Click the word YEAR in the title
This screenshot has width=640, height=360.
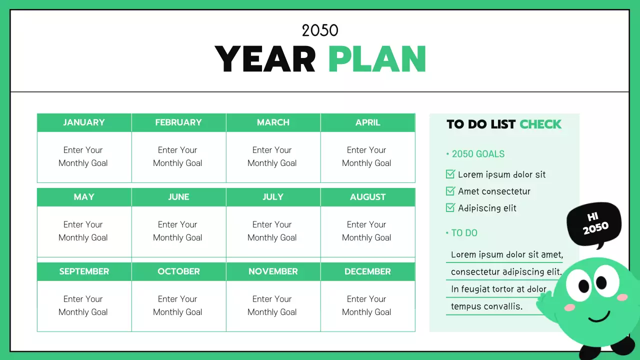[x=265, y=59]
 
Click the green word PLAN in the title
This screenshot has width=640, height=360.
[x=377, y=59]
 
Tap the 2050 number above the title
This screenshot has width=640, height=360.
[x=320, y=30]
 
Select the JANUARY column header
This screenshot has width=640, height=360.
[x=84, y=122]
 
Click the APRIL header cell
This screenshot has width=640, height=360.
[x=367, y=122]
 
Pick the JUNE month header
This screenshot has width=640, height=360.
[x=178, y=197]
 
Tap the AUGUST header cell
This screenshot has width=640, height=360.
[x=367, y=197]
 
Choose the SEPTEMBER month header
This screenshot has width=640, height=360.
[x=84, y=271]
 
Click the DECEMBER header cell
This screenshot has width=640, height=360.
[x=367, y=271]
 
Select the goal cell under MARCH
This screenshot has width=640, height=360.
[x=272, y=156]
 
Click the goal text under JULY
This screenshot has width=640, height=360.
[x=272, y=231]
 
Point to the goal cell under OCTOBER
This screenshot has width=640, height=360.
[x=178, y=305]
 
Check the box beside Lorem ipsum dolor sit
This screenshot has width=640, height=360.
[x=450, y=174]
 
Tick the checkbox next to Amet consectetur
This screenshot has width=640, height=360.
[x=450, y=191]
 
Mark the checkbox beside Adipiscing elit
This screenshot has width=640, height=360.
[x=450, y=208]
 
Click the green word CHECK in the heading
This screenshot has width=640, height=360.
[x=540, y=124]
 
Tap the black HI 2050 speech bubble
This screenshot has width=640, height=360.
[x=594, y=224]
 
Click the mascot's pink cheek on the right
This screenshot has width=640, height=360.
[x=622, y=297]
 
